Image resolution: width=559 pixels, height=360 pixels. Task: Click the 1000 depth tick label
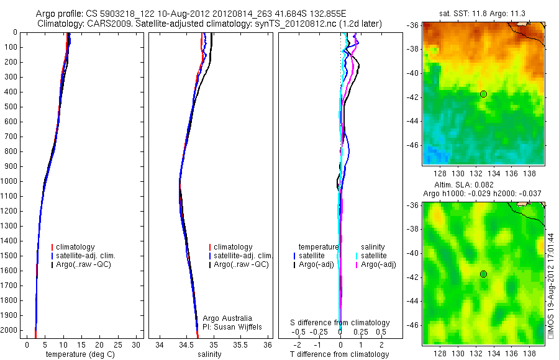(x=9, y=181)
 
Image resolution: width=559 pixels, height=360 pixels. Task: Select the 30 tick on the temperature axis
(x=137, y=344)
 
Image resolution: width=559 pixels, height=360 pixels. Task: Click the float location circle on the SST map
(x=483, y=94)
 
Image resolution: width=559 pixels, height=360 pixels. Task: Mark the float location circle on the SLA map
(x=483, y=274)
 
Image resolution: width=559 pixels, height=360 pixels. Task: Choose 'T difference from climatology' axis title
(x=339, y=354)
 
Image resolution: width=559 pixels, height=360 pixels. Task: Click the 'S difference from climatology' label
(x=340, y=323)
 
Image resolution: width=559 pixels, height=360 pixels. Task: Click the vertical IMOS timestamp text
(x=552, y=286)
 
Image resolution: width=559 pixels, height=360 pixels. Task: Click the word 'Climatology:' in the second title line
(x=61, y=24)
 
